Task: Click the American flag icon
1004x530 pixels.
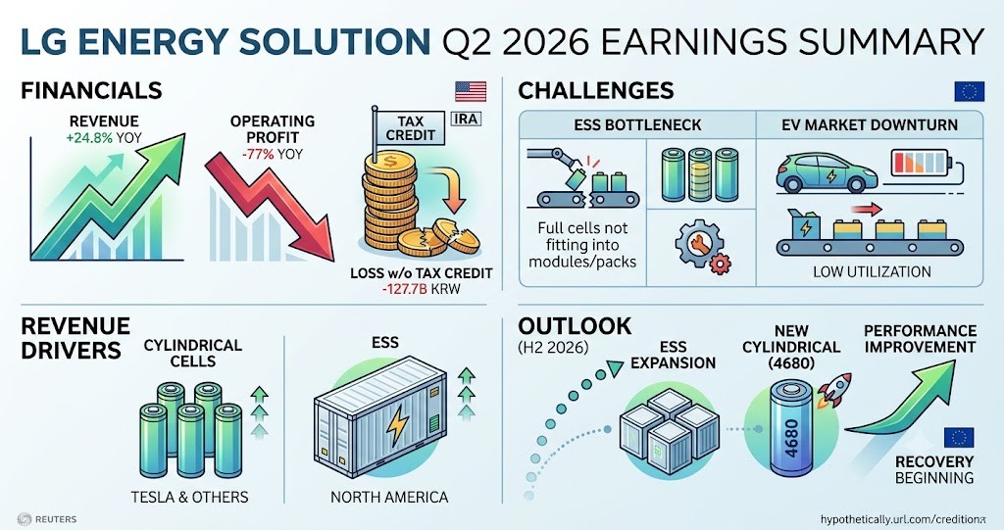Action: point(471,91)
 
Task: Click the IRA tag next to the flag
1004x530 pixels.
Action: point(466,120)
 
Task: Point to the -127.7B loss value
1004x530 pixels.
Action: point(405,289)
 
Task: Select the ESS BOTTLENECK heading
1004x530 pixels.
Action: point(637,124)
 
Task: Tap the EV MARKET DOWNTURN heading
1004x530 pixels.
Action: point(870,124)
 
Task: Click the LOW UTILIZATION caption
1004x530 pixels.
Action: point(872,272)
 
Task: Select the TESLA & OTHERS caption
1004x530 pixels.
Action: point(189,497)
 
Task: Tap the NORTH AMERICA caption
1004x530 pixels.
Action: point(389,497)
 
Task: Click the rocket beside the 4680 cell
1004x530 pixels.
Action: point(834,389)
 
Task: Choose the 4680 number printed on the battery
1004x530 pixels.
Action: point(791,439)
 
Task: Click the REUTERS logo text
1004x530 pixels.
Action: point(56,519)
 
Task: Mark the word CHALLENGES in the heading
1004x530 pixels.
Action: point(595,91)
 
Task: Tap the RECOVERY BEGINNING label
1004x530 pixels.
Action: point(934,470)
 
